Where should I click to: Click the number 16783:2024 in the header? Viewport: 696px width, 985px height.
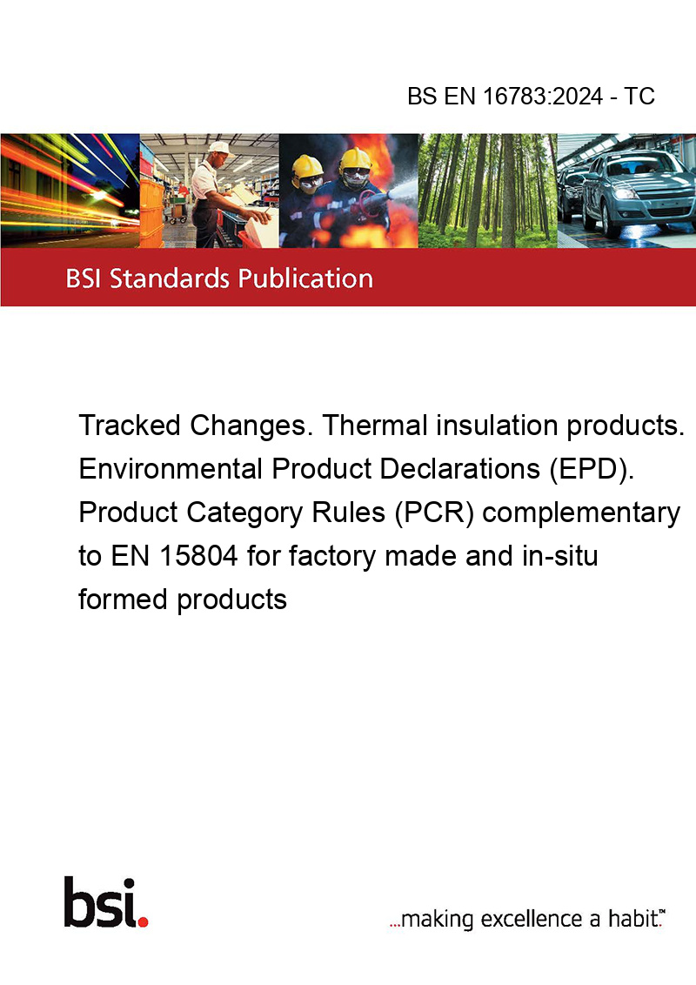(x=543, y=96)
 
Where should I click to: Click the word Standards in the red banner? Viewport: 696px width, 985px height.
(x=170, y=278)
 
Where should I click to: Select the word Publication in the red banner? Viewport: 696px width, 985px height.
(x=305, y=278)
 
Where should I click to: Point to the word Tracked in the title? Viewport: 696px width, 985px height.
(x=130, y=425)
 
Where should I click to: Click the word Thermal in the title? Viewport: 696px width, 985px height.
(x=375, y=425)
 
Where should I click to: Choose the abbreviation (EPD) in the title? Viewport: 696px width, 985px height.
(x=591, y=469)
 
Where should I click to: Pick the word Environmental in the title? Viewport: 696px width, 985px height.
(x=171, y=469)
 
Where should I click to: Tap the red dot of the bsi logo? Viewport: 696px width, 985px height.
(x=143, y=921)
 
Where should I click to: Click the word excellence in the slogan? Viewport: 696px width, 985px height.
(x=532, y=919)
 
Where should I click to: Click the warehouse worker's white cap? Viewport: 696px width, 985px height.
(x=219, y=148)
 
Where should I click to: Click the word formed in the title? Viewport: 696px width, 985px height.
(x=124, y=600)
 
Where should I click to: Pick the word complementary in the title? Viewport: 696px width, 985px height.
(x=581, y=513)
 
